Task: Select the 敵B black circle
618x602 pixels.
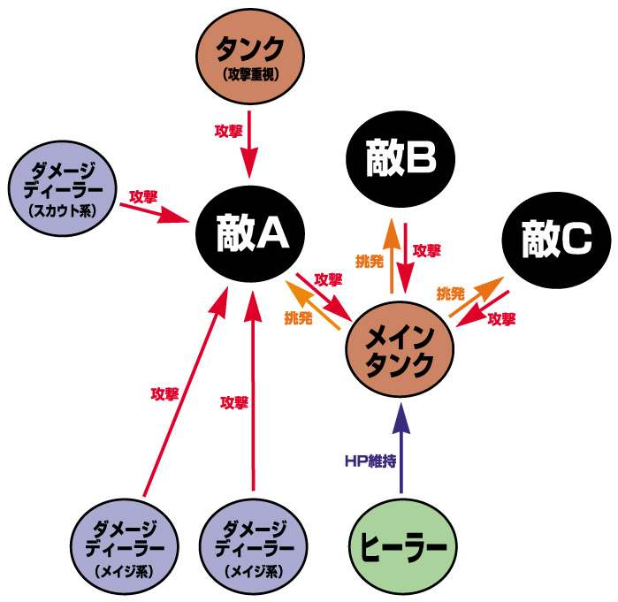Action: (401, 159)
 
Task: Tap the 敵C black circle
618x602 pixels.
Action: (556, 239)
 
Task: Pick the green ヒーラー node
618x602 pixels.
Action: (401, 545)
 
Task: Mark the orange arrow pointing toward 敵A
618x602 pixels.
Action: (314, 305)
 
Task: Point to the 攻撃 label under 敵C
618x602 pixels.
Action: (501, 319)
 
